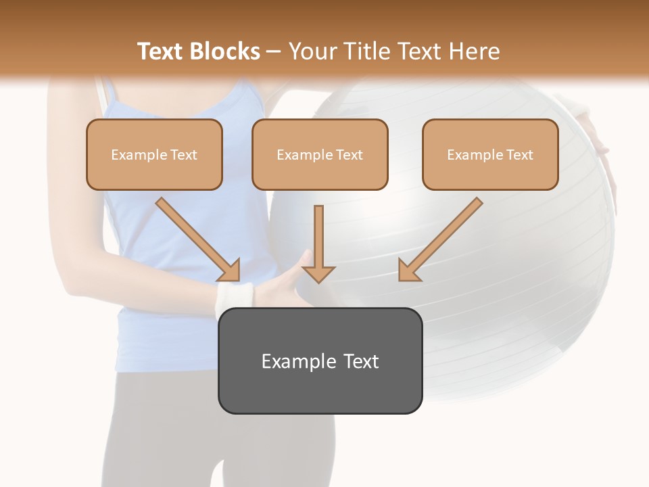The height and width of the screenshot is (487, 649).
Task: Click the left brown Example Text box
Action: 154,154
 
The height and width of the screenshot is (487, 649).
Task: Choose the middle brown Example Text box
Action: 320,154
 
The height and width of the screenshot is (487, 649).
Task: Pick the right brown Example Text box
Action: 490,154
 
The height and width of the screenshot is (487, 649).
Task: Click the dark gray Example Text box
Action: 320,361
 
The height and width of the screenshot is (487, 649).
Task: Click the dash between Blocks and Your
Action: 274,51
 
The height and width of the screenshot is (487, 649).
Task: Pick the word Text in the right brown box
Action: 520,154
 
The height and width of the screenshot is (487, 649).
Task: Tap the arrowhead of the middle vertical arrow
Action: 318,273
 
